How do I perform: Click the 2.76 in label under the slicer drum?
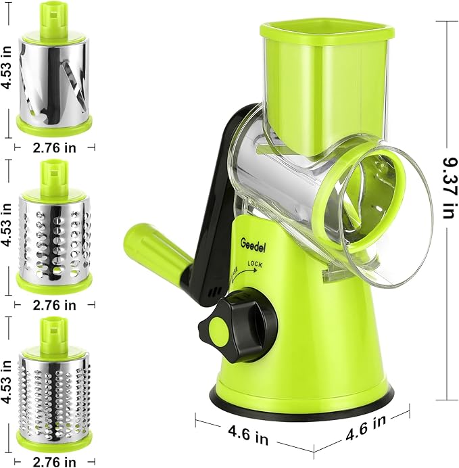click(x=54, y=147)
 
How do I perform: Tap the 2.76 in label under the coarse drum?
click(x=54, y=304)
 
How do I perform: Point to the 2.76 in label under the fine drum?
click(x=54, y=462)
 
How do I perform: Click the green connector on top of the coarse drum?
click(x=53, y=174)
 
